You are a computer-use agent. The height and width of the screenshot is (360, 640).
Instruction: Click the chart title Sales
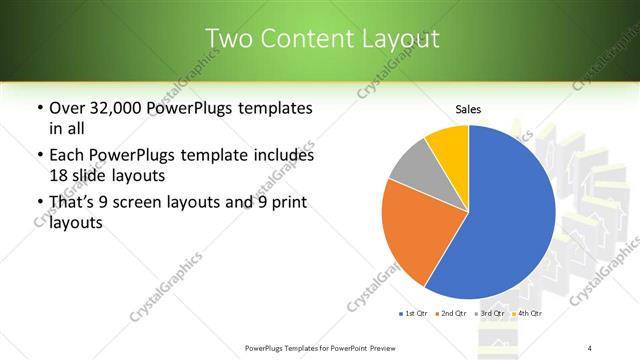[x=468, y=108]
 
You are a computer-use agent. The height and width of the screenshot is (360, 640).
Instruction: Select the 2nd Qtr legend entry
[x=451, y=314]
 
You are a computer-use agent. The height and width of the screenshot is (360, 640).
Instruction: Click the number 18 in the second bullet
[x=59, y=174]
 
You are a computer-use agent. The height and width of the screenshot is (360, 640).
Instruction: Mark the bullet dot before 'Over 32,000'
[x=38, y=108]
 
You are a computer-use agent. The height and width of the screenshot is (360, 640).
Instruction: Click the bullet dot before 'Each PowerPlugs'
[x=38, y=156]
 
